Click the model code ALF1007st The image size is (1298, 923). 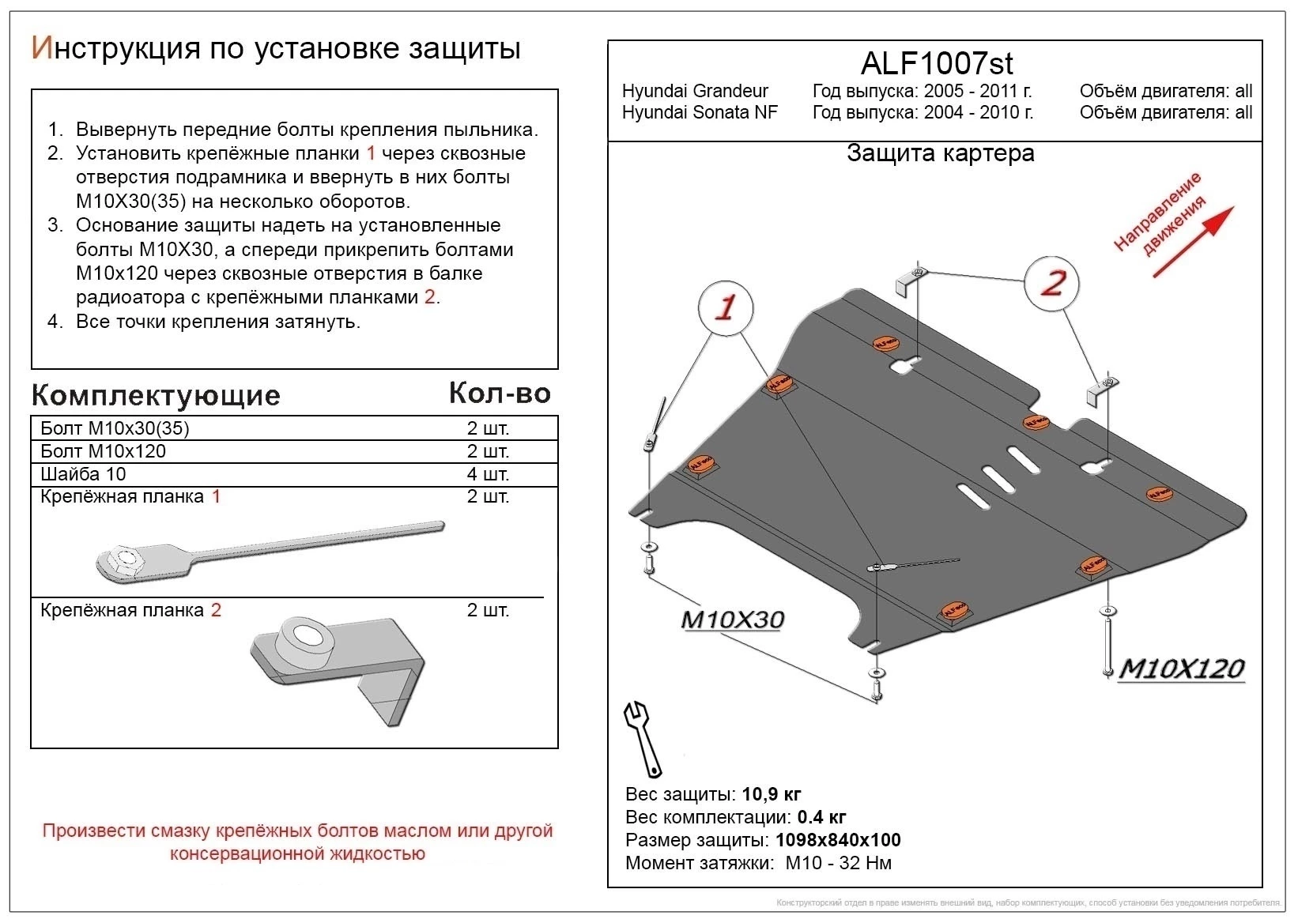coord(936,62)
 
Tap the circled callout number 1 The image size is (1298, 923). coord(725,307)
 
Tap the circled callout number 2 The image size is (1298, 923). coord(1052,283)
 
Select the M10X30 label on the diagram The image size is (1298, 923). coord(732,620)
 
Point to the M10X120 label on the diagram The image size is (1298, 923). coord(1182,669)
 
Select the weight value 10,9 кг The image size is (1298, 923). coord(771,794)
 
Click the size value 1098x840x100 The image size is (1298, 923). coord(838,840)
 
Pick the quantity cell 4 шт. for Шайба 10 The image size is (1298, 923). coord(488,474)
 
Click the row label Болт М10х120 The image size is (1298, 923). coord(104,451)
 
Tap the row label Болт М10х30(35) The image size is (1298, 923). coord(115,428)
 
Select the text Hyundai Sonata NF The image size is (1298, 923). coord(700,112)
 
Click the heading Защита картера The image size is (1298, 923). coord(940,153)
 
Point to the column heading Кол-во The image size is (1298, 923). coord(499,393)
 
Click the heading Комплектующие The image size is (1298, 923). coord(156,395)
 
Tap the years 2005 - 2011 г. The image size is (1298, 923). coord(977,92)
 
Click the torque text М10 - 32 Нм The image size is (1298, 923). coord(838,863)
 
